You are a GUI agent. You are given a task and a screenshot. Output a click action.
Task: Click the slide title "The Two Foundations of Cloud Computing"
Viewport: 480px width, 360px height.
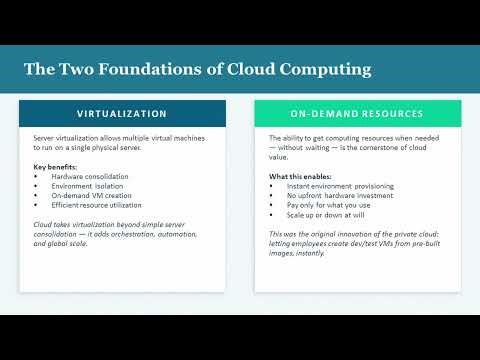(x=198, y=69)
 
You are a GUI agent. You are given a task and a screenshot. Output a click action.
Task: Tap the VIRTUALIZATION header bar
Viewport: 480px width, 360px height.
(x=122, y=113)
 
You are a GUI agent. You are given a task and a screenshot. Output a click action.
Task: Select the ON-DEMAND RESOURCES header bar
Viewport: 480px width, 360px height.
(x=357, y=113)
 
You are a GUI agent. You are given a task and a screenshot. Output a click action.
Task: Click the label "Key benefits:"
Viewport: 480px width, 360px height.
(x=56, y=166)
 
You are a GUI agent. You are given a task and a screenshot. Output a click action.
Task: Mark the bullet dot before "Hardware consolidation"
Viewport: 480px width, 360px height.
(x=36, y=176)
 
